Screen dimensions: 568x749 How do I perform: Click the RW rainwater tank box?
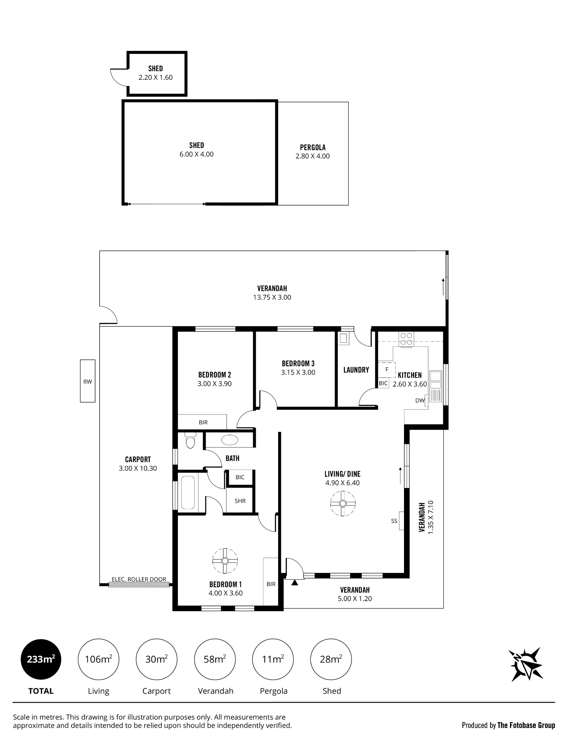88,381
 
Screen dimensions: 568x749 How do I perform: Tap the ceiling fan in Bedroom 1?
225,561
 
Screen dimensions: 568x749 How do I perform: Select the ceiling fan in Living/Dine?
343,504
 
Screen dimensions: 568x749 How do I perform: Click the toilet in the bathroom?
191,440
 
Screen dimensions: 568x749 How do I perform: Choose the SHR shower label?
240,501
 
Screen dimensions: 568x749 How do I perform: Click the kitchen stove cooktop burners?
406,339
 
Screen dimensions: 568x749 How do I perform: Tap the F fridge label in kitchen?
387,369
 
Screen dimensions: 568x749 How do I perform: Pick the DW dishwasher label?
420,400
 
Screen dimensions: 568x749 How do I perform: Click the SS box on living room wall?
401,521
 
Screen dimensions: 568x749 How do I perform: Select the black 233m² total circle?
41,659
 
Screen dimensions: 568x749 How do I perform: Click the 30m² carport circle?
157,659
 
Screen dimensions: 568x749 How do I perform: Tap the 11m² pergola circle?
273,659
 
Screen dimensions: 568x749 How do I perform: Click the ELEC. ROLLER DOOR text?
139,579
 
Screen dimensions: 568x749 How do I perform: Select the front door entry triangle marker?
295,582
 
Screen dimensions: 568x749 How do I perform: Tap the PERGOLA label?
313,148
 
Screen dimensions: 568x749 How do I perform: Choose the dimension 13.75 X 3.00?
272,297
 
